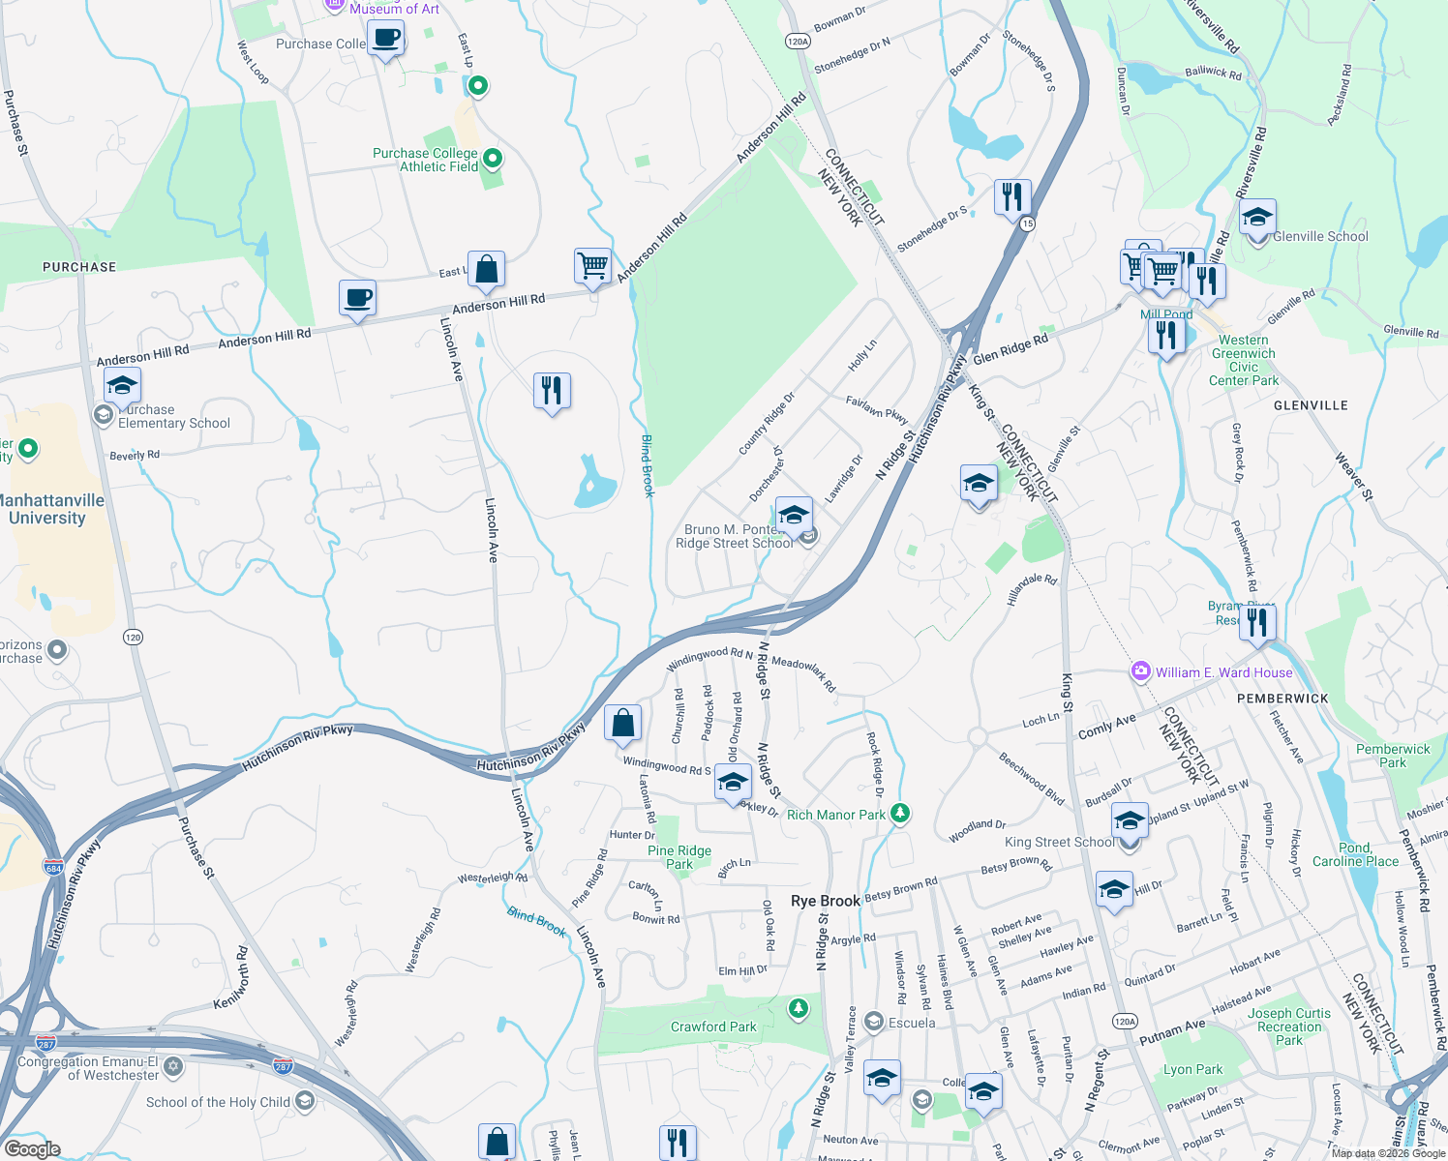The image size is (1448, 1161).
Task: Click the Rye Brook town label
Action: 825,901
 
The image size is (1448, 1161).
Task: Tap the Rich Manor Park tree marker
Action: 900,813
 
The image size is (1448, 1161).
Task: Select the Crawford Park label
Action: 713,1027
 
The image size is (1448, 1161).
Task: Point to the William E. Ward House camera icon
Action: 1141,671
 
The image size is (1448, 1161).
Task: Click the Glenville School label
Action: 1320,236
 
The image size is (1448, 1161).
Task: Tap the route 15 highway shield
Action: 1027,223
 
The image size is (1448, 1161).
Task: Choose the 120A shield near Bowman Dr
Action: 798,42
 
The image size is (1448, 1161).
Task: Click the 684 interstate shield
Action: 53,867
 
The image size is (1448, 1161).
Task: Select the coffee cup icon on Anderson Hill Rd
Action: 357,298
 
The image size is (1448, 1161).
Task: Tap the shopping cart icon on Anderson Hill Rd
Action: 592,264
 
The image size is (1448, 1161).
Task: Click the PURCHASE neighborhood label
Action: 79,267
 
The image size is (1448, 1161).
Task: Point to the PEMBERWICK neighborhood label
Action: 1282,699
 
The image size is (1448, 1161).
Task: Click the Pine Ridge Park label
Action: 679,857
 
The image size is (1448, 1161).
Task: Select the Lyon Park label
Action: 1192,1069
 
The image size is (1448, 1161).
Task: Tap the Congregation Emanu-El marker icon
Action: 173,1066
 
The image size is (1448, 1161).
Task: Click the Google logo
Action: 32,1148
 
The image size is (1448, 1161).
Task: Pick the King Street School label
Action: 1059,842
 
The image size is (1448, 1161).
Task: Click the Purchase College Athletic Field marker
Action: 493,158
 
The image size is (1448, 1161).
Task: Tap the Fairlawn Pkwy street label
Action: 877,409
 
